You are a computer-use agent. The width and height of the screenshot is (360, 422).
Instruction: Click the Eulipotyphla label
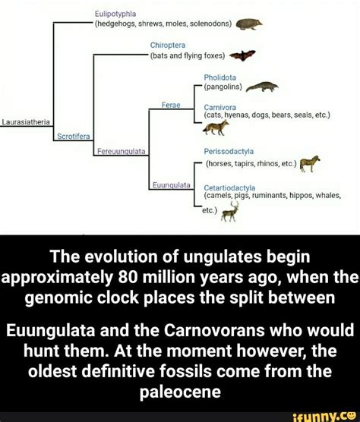[115, 13]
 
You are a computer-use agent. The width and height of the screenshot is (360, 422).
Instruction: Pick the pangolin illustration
[261, 88]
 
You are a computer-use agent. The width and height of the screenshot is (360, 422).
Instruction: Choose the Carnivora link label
[220, 108]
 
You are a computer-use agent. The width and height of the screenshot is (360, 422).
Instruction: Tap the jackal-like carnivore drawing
[226, 130]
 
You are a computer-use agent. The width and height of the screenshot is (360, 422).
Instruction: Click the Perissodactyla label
[229, 150]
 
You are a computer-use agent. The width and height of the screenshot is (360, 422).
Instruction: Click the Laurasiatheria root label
[25, 121]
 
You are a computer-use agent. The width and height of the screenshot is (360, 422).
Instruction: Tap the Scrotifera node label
[73, 137]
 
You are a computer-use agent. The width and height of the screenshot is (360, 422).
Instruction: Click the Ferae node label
[169, 104]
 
